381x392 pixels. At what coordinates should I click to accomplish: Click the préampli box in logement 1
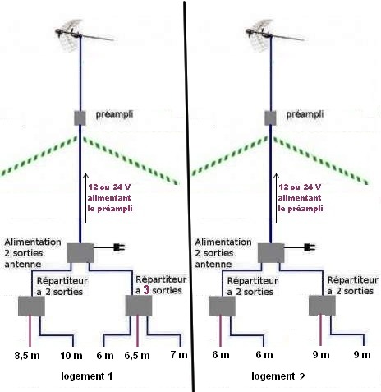[x=80, y=118]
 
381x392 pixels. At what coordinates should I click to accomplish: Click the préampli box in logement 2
[x=270, y=118]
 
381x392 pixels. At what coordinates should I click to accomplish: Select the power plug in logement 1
[x=119, y=247]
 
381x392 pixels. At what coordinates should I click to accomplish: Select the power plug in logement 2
[x=310, y=247]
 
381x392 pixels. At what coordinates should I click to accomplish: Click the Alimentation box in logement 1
[x=80, y=253]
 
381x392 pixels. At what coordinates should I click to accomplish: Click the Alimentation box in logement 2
[x=271, y=253]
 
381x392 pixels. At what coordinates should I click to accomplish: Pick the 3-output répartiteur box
[x=139, y=306]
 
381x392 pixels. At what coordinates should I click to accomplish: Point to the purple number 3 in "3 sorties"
[x=146, y=290]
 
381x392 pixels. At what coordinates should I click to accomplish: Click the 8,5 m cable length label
[x=27, y=356]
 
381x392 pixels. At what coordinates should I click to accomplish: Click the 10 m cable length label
[x=71, y=356]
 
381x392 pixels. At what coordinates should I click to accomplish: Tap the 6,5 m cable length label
[x=137, y=356]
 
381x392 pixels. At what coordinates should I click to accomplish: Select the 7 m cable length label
[x=179, y=355]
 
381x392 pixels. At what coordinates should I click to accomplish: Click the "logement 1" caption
[x=86, y=376]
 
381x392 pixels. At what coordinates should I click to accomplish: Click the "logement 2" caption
[x=278, y=376]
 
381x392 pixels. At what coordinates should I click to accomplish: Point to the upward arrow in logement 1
[x=86, y=198]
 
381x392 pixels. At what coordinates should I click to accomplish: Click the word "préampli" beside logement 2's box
[x=305, y=114]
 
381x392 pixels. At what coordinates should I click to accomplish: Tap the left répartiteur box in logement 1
[x=31, y=306]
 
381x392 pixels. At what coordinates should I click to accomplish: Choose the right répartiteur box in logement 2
[x=322, y=306]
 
